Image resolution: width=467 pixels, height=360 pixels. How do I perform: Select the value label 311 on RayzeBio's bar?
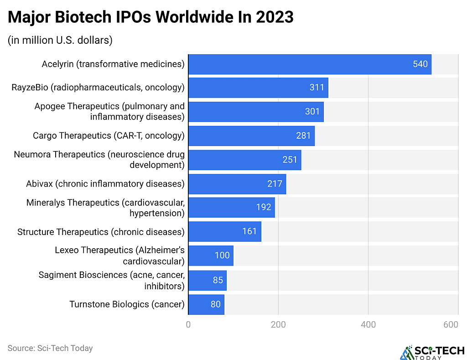[317, 88]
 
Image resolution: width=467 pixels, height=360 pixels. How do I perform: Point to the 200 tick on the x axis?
[278, 325]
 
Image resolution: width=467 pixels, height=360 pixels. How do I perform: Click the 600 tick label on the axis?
[451, 325]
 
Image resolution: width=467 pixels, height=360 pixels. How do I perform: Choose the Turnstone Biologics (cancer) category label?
[127, 304]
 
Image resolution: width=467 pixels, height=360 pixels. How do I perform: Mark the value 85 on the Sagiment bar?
[218, 280]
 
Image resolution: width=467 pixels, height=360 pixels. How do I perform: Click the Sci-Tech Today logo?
[431, 352]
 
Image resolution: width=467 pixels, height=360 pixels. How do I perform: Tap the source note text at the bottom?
[50, 348]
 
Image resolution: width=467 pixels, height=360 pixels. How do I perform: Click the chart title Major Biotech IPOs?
[150, 17]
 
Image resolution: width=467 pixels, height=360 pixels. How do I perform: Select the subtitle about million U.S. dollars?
[60, 40]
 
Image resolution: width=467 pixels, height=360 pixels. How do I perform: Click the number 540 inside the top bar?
[420, 64]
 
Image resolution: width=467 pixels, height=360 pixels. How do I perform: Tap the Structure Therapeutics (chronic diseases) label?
[101, 232]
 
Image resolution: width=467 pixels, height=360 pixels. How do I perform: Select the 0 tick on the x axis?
[188, 325]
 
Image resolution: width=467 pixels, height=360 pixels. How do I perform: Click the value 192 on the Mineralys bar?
[263, 208]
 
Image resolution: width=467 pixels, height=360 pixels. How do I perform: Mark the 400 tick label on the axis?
[368, 325]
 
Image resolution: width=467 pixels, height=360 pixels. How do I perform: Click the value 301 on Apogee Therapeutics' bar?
[312, 112]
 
